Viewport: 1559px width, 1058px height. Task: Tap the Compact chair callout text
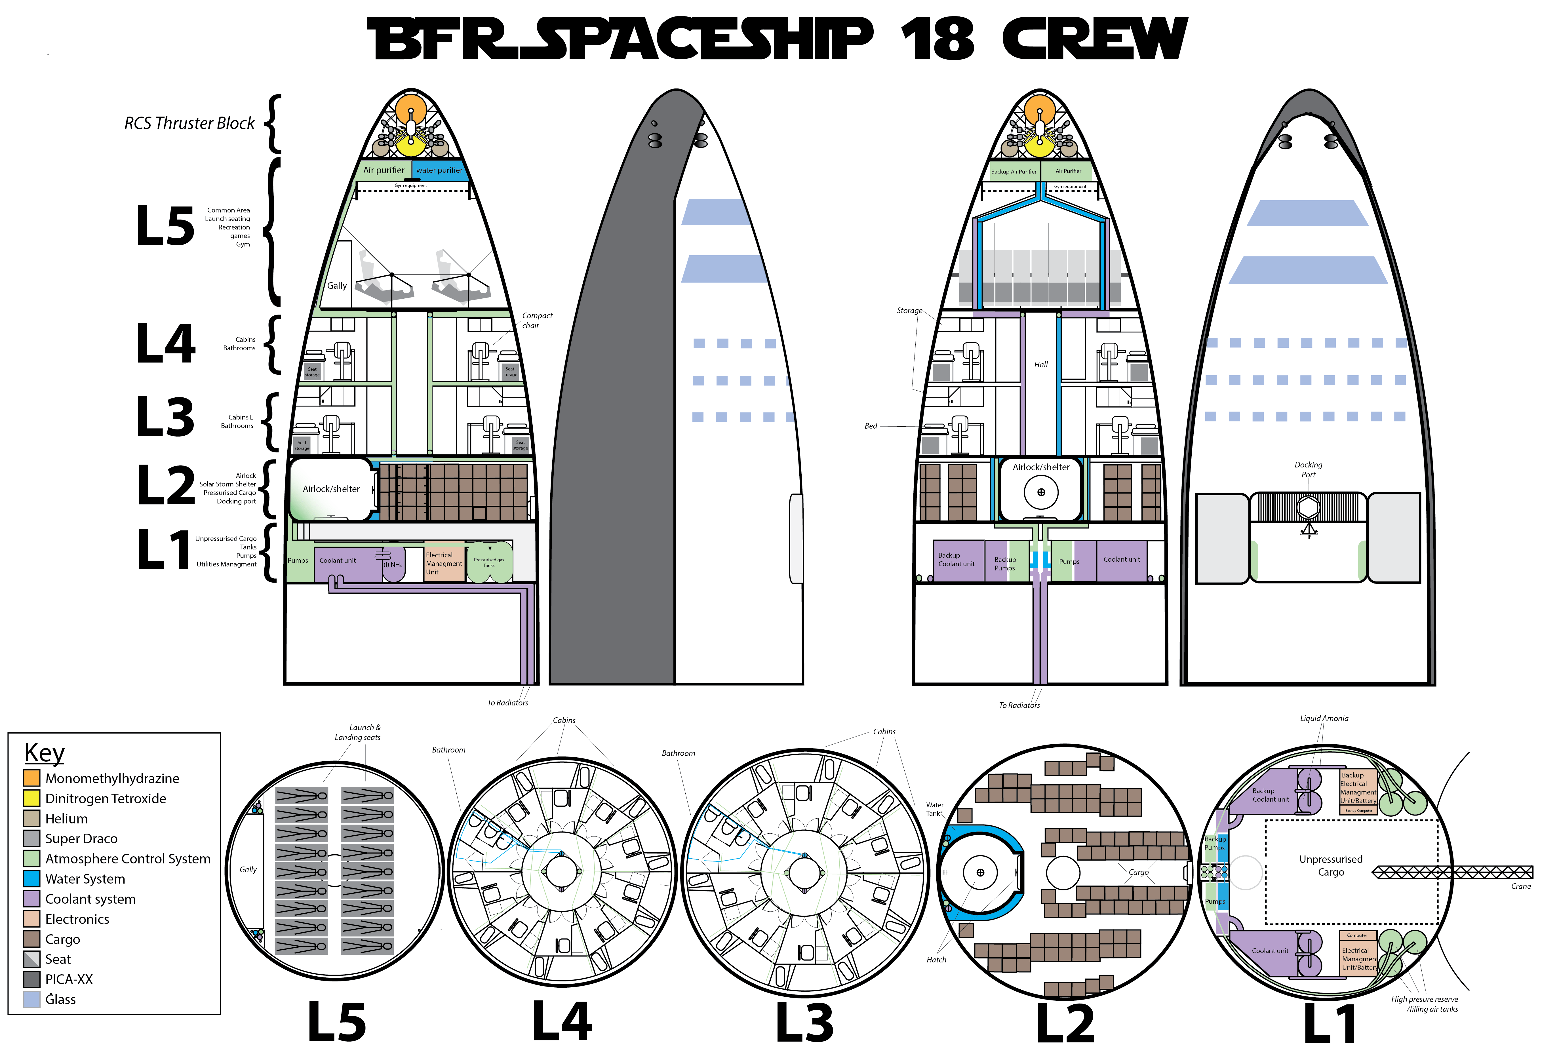pyautogui.click(x=537, y=320)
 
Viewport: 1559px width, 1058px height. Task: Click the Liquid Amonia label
pyautogui.click(x=1324, y=718)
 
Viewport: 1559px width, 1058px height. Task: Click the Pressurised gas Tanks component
pyautogui.click(x=489, y=562)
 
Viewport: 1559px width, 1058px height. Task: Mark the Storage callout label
pyautogui.click(x=909, y=311)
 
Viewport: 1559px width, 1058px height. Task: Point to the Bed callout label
pyautogui.click(x=871, y=426)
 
